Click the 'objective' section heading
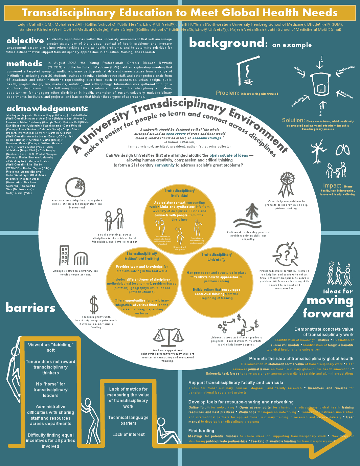(x=25, y=41)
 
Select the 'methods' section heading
(x=24, y=64)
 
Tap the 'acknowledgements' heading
(x=47, y=109)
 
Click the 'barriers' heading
(x=30, y=308)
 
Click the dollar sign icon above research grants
(x=94, y=305)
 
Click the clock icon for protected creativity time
(x=75, y=187)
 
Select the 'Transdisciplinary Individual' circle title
(x=179, y=193)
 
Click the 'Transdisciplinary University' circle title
(x=216, y=257)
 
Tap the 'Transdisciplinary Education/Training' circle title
(x=141, y=256)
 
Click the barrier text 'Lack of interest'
(x=128, y=435)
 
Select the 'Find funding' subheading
(x=201, y=431)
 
